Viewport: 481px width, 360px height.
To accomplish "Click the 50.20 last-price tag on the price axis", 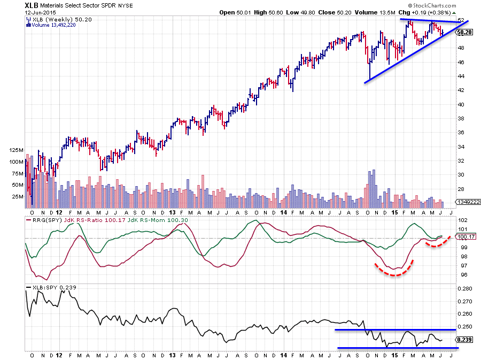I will click(463, 32).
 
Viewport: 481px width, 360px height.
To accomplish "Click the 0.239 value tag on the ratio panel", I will click(463, 339).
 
